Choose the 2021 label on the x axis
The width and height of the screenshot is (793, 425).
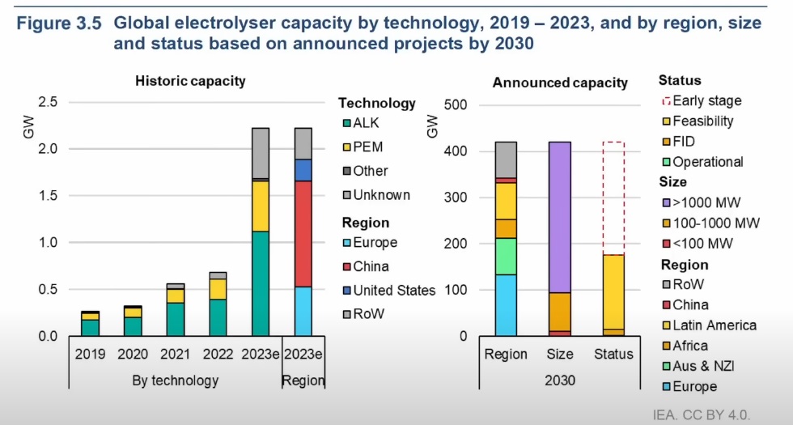coord(175,354)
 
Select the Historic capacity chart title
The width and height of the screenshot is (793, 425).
coord(190,81)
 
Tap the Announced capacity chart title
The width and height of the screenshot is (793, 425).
coord(560,83)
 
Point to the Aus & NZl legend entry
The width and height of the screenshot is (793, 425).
coord(702,366)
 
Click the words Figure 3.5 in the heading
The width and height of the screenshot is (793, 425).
coord(60,23)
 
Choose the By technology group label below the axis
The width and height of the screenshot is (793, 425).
coord(175,380)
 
